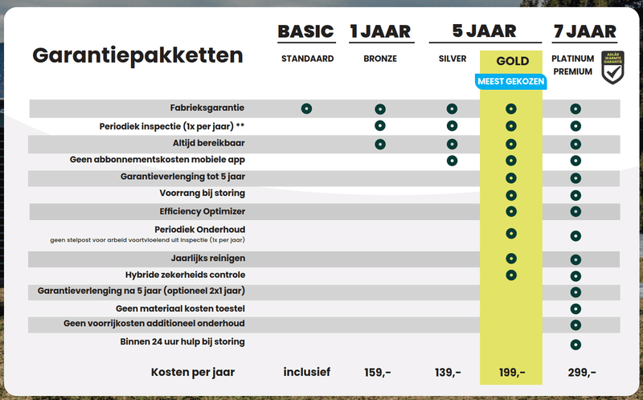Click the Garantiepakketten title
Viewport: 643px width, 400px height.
pyautogui.click(x=137, y=55)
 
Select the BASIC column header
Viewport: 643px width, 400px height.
pyautogui.click(x=305, y=31)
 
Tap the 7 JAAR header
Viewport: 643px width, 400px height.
pyautogui.click(x=585, y=31)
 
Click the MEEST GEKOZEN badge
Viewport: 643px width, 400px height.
pyautogui.click(x=511, y=81)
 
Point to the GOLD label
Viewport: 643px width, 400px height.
pyautogui.click(x=512, y=60)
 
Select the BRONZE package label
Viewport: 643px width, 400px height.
pyautogui.click(x=380, y=59)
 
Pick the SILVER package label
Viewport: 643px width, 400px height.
pyautogui.click(x=453, y=59)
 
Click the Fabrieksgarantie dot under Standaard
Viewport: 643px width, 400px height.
pyautogui.click(x=306, y=108)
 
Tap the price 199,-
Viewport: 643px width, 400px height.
pyautogui.click(x=511, y=372)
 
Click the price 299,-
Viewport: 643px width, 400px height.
pyautogui.click(x=582, y=372)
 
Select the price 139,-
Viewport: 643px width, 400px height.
pyautogui.click(x=447, y=372)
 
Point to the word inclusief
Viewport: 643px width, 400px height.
pyautogui.click(x=307, y=372)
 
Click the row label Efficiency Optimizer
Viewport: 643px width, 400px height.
pyautogui.click(x=203, y=211)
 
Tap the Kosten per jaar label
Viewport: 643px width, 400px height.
pyautogui.click(x=199, y=372)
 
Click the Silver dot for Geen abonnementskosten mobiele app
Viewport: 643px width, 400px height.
pyautogui.click(x=452, y=161)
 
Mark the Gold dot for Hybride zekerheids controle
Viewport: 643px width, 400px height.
pyautogui.click(x=510, y=275)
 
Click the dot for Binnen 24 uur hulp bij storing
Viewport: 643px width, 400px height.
pyautogui.click(x=575, y=345)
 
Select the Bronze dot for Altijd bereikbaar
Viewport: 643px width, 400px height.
pyautogui.click(x=380, y=144)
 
